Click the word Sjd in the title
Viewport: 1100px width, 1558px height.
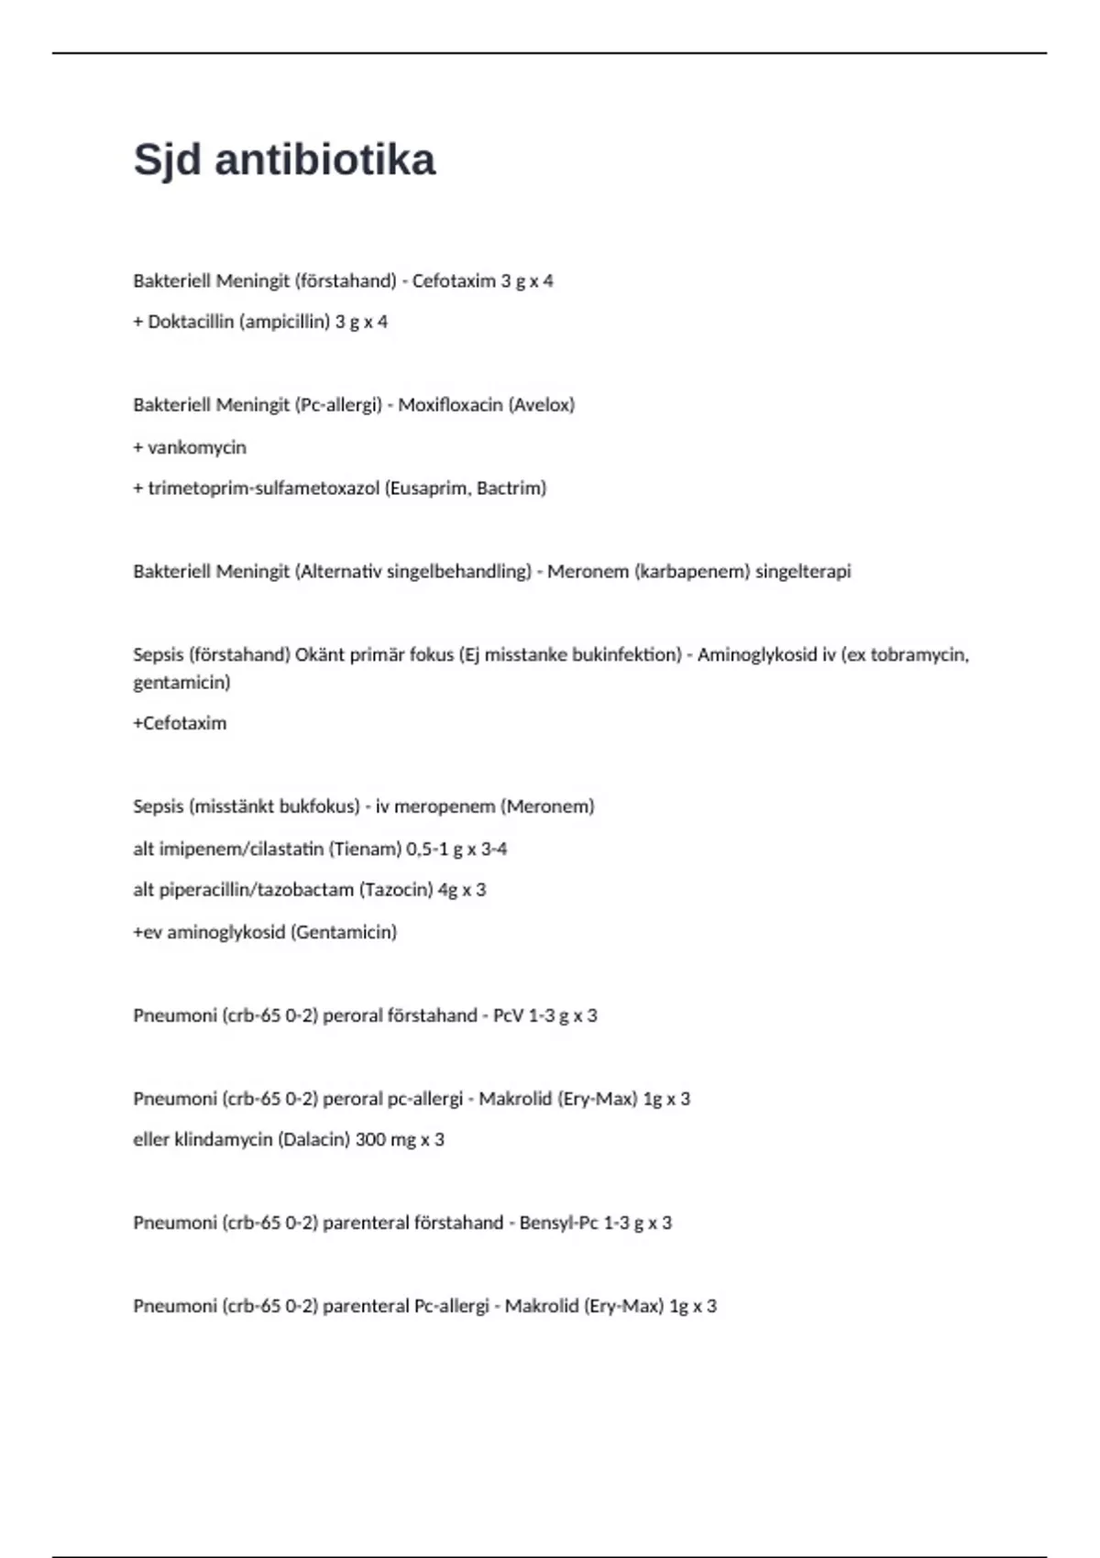click(168, 160)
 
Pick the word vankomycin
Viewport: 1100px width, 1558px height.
click(197, 447)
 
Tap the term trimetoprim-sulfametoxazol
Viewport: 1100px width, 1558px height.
click(263, 488)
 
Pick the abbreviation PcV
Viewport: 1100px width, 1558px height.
click(508, 1015)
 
